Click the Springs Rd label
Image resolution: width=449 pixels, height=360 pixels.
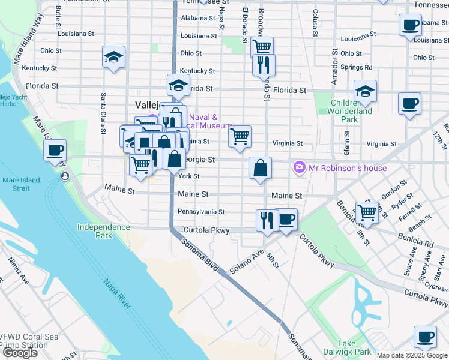coord(355,67)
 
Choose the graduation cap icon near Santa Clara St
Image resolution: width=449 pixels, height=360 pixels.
coord(113,57)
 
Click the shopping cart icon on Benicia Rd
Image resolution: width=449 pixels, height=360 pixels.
coord(367,212)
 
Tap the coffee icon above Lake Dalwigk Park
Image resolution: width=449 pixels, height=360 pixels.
coord(425,337)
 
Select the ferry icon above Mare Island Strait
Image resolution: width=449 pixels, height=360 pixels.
coord(64,176)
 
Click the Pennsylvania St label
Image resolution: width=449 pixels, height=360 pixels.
coord(201,212)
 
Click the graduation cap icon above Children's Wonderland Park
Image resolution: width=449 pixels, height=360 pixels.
coord(365,91)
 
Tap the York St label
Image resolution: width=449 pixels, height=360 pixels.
coord(188,176)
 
